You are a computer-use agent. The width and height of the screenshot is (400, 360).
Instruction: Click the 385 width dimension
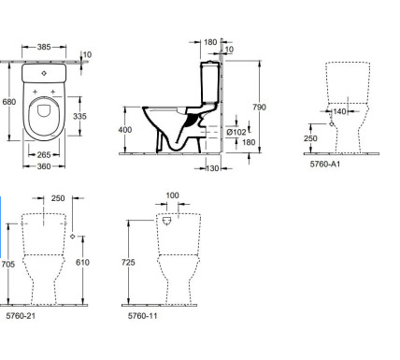click(44, 47)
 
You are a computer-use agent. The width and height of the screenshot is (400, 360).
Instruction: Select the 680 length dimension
click(8, 102)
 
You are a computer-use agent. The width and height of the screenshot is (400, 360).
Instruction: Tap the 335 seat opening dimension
click(79, 116)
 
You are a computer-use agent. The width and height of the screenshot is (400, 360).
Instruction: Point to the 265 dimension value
click(44, 154)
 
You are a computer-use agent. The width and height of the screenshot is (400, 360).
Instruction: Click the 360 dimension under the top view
click(44, 166)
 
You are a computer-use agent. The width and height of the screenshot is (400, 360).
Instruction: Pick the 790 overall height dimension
click(259, 108)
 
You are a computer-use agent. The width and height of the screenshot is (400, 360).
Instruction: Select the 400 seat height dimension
click(125, 130)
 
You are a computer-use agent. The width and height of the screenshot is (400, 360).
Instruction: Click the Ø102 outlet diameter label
click(236, 132)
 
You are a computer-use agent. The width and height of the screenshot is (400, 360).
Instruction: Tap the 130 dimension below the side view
click(212, 168)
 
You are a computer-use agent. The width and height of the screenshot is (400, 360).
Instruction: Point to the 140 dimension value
click(339, 111)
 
